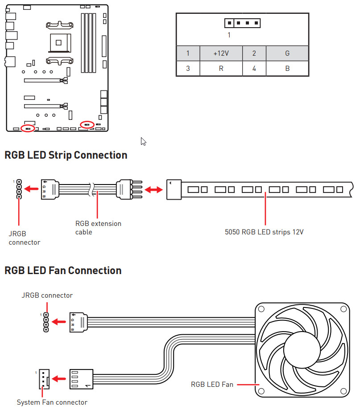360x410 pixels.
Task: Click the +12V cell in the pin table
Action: tap(221, 53)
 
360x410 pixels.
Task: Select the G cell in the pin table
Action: tap(287, 53)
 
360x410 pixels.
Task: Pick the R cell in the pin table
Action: tap(221, 69)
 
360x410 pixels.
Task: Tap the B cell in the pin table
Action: tap(287, 69)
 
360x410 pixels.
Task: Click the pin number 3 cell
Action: tap(188, 69)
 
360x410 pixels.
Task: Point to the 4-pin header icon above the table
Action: tap(242, 23)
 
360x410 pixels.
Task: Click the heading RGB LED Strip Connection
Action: tap(66, 155)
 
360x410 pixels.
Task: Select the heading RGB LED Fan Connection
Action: tap(63, 271)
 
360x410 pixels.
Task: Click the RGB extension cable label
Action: tap(98, 227)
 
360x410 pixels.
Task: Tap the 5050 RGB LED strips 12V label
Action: tap(265, 232)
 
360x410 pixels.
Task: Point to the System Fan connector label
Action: tap(52, 402)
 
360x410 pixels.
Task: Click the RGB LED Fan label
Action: tap(212, 384)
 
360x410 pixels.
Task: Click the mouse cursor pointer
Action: tap(143, 141)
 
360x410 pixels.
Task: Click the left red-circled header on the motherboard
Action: tap(28, 128)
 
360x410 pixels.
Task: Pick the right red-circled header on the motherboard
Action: tap(87, 124)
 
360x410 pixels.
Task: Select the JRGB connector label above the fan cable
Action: tap(47, 295)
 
